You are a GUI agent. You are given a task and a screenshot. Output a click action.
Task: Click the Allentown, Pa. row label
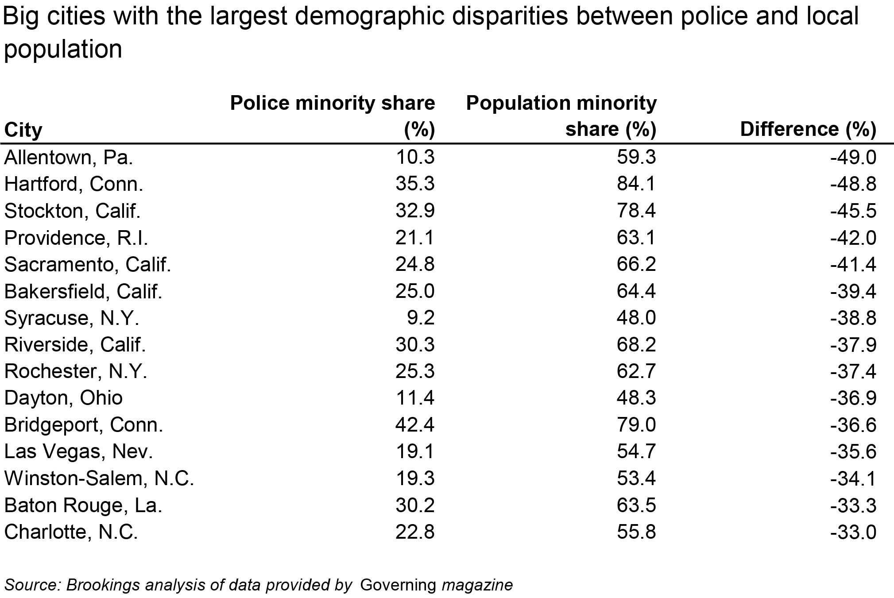tap(69, 158)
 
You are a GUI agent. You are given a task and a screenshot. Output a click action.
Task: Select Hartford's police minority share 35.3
tap(415, 184)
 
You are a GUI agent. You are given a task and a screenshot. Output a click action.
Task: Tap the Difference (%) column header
tap(808, 129)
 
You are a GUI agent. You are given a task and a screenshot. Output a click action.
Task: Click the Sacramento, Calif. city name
tap(88, 265)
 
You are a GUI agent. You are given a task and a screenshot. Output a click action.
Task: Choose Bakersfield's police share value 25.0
tap(415, 291)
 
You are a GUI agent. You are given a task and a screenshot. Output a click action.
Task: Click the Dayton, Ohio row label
tap(63, 398)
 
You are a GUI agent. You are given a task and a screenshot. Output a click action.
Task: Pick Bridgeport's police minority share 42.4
tap(415, 425)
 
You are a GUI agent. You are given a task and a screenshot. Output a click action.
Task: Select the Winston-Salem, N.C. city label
tap(99, 478)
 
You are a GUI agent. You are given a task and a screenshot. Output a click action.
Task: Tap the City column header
tap(23, 130)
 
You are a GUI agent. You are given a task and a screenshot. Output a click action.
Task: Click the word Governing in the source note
tap(398, 585)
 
